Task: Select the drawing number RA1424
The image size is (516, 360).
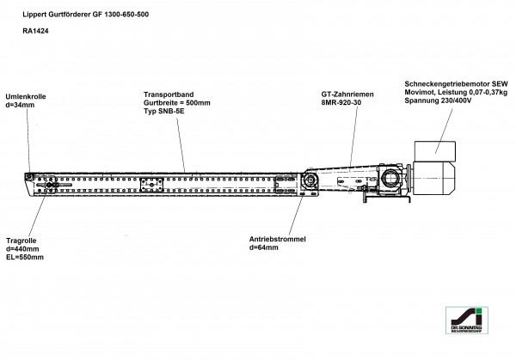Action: [36, 32]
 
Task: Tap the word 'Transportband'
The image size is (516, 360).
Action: [169, 93]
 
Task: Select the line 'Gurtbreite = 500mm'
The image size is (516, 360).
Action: [177, 102]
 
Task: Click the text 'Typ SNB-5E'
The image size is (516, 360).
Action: [164, 112]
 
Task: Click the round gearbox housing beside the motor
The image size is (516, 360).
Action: [390, 180]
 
